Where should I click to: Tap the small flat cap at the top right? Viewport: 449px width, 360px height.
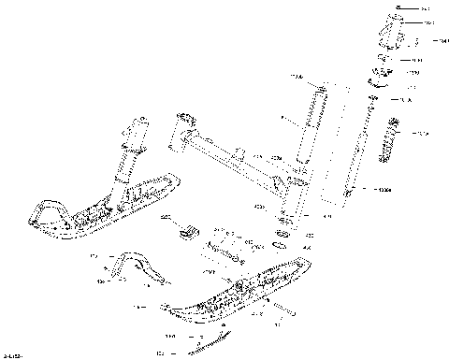coord(400,8)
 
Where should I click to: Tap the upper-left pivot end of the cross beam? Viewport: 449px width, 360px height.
coord(184,120)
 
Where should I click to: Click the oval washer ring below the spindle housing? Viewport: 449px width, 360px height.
coord(280,245)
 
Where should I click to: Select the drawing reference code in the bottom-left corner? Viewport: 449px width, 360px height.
coord(12,355)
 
